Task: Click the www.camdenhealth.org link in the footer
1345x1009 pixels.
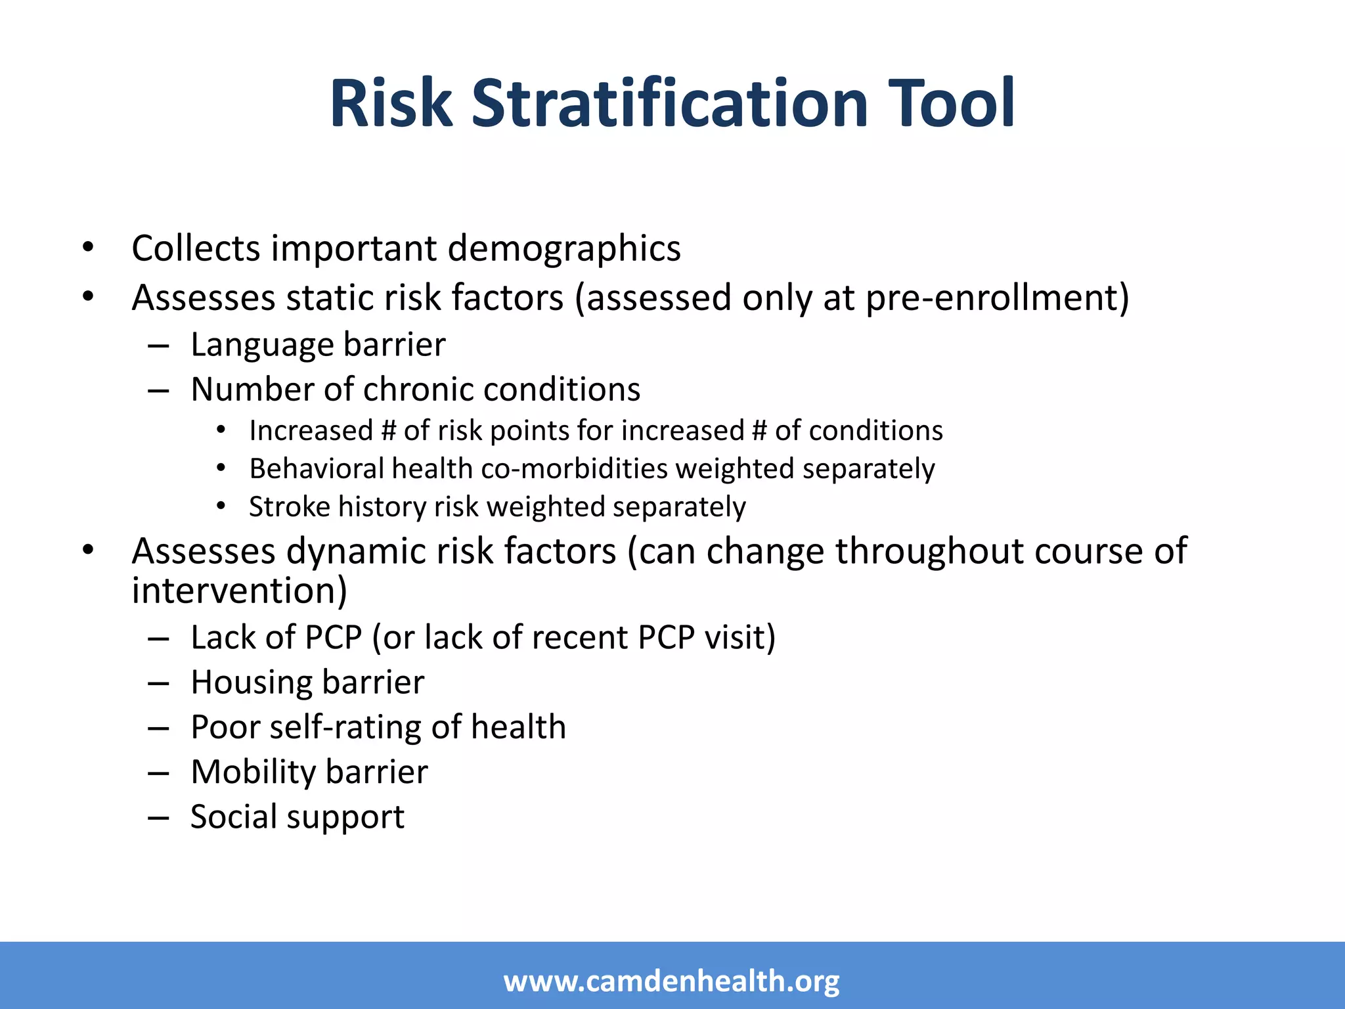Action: click(671, 981)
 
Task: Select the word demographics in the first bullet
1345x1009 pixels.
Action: click(564, 249)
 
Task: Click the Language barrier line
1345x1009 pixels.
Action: click(318, 345)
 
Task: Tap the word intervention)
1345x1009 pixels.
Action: click(239, 591)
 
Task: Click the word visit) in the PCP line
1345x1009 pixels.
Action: click(739, 638)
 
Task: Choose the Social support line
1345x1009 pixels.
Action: click(297, 817)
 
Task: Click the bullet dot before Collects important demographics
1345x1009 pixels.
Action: click(88, 248)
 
